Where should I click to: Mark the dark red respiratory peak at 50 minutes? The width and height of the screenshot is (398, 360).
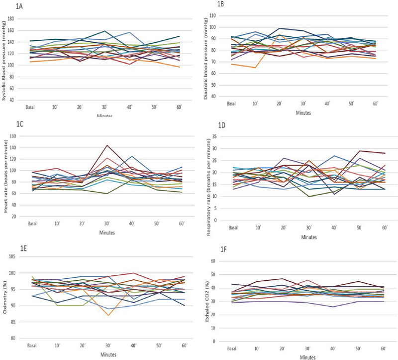[358, 150]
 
